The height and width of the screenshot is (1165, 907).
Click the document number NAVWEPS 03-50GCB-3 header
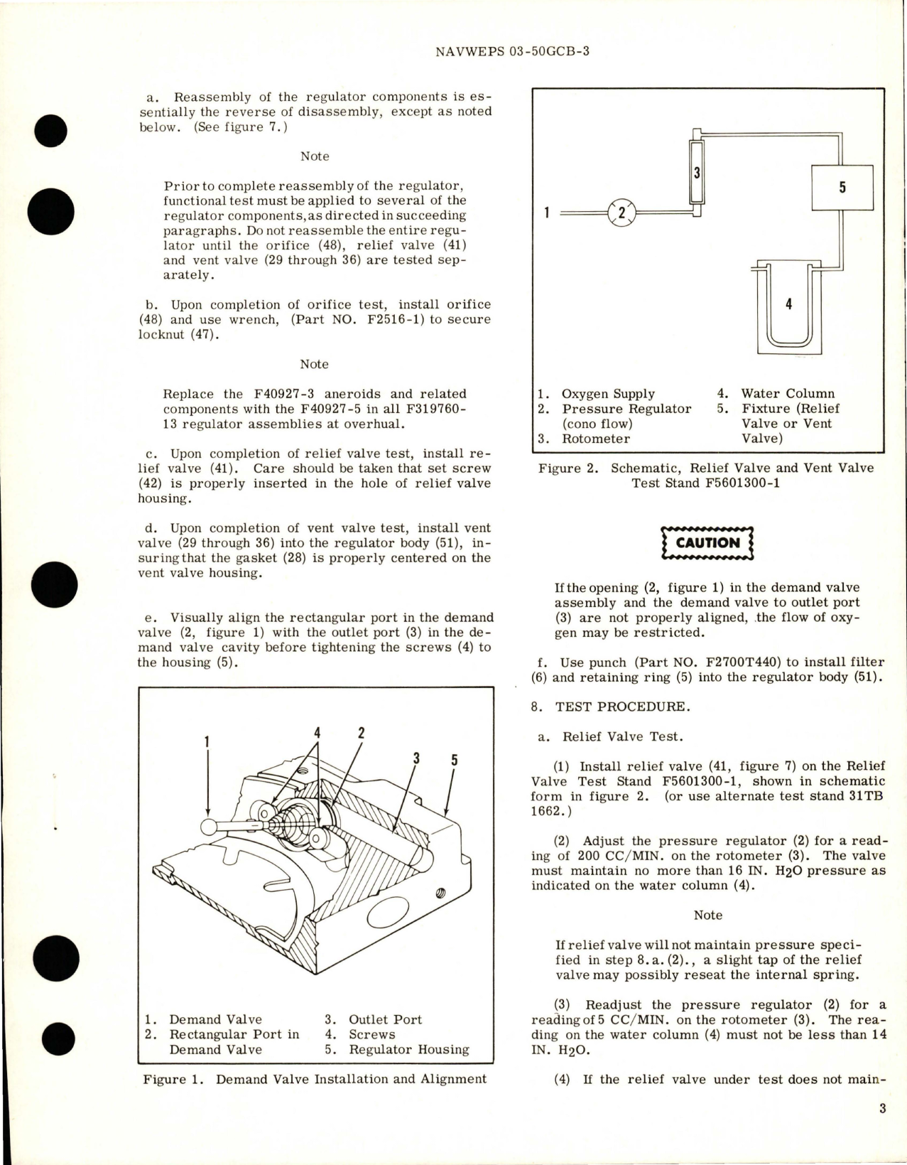point(510,52)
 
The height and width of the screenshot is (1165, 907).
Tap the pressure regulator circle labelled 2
point(621,212)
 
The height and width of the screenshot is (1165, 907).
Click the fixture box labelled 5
point(842,188)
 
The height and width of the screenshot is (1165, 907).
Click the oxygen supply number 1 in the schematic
point(546,212)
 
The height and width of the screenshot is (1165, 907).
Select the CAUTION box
point(707,543)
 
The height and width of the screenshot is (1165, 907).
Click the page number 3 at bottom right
point(882,1107)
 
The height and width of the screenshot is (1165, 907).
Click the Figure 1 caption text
point(315,1079)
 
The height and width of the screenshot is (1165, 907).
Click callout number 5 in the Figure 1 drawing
point(454,761)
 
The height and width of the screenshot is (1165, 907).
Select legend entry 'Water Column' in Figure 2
point(788,394)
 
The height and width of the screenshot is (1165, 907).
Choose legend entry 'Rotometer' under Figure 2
point(595,439)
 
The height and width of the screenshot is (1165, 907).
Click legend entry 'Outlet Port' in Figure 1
point(385,1019)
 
